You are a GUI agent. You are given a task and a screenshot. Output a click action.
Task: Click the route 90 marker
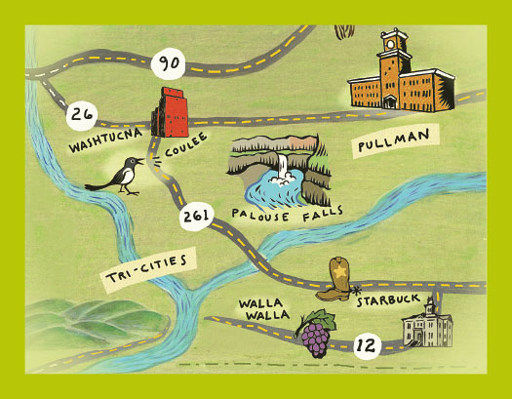(170, 65)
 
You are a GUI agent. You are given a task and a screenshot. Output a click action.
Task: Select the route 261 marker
(191, 219)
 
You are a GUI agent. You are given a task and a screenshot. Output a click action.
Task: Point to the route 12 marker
(366, 343)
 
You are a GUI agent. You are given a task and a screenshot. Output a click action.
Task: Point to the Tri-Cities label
(144, 268)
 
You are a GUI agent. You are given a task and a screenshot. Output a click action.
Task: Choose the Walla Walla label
(259, 311)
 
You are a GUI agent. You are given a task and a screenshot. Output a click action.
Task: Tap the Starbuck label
(383, 300)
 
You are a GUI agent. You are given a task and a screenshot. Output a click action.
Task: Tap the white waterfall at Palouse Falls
(283, 168)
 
